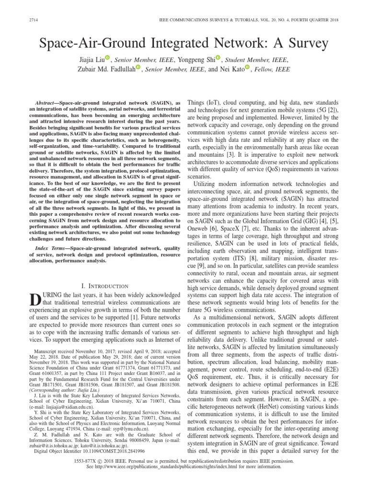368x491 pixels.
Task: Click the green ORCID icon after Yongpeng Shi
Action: [218, 58]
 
